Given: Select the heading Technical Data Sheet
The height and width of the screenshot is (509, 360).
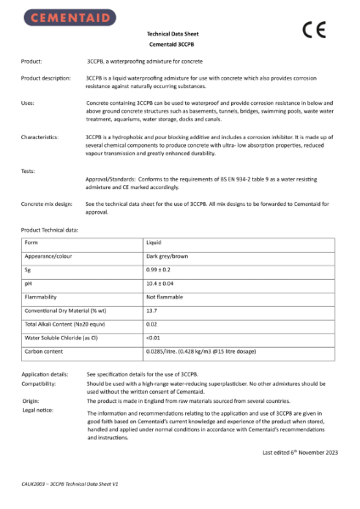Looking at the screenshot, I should [179, 34].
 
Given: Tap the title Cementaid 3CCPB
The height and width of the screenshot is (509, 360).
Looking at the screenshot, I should [179, 45].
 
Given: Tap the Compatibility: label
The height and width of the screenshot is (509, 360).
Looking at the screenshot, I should [42, 384].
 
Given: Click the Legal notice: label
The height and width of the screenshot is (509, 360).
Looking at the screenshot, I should [40, 410].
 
